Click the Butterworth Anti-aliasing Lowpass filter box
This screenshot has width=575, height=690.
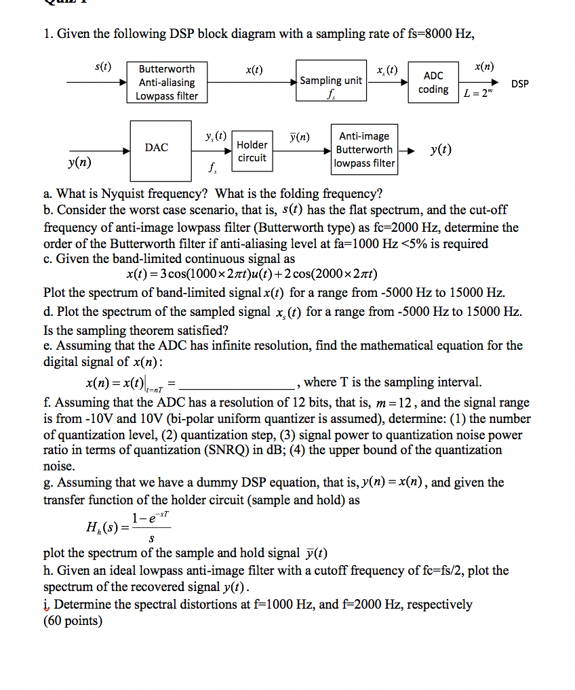click(x=166, y=83)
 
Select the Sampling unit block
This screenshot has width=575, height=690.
click(x=331, y=83)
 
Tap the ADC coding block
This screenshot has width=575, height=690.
click(x=433, y=83)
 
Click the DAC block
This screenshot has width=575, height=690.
click(x=157, y=147)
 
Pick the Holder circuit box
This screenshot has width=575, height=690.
click(x=252, y=151)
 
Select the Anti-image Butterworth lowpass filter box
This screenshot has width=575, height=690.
click(x=364, y=150)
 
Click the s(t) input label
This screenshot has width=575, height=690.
click(x=103, y=66)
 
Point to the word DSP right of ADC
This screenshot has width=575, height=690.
click(x=520, y=84)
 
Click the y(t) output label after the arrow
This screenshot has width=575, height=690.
click(x=441, y=149)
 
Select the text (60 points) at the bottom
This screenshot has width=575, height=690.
click(x=73, y=620)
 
